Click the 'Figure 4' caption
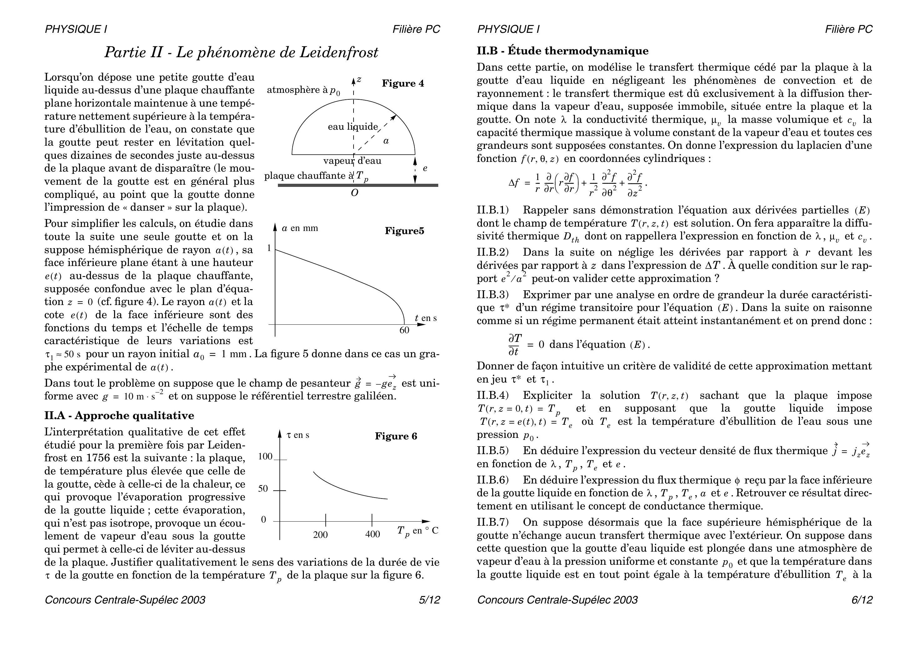(403, 83)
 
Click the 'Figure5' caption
(404, 231)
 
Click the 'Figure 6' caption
(396, 436)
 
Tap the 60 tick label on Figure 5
(404, 330)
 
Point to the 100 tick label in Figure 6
(265, 457)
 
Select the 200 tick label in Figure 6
(320, 534)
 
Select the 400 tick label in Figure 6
(372, 534)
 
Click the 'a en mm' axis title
(300, 228)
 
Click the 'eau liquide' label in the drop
(352, 127)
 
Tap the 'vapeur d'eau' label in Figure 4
(352, 161)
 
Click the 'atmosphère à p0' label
(303, 90)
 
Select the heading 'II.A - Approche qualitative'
(119, 416)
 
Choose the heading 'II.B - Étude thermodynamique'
(562, 51)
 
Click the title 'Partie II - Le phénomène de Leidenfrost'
(241, 52)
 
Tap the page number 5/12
(429, 600)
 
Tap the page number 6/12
(861, 600)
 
